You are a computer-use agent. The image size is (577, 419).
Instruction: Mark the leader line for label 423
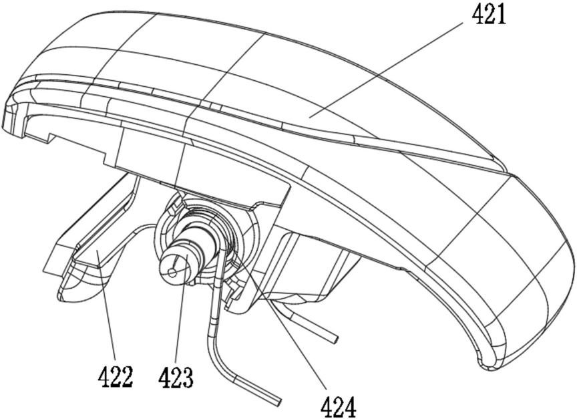(180, 321)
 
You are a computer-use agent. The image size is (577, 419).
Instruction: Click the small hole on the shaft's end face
(172, 271)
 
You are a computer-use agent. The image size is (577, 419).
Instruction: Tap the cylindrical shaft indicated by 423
(190, 251)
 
